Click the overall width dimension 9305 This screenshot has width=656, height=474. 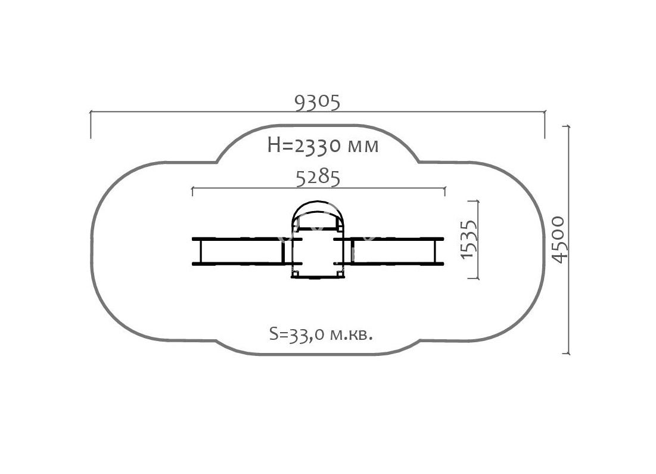[x=317, y=103]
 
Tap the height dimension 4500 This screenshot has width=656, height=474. [x=558, y=240]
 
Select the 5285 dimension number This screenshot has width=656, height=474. [x=318, y=178]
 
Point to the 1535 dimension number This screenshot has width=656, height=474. [x=468, y=239]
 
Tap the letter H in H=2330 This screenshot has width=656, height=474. [x=273, y=145]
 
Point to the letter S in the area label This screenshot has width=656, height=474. [x=273, y=334]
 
